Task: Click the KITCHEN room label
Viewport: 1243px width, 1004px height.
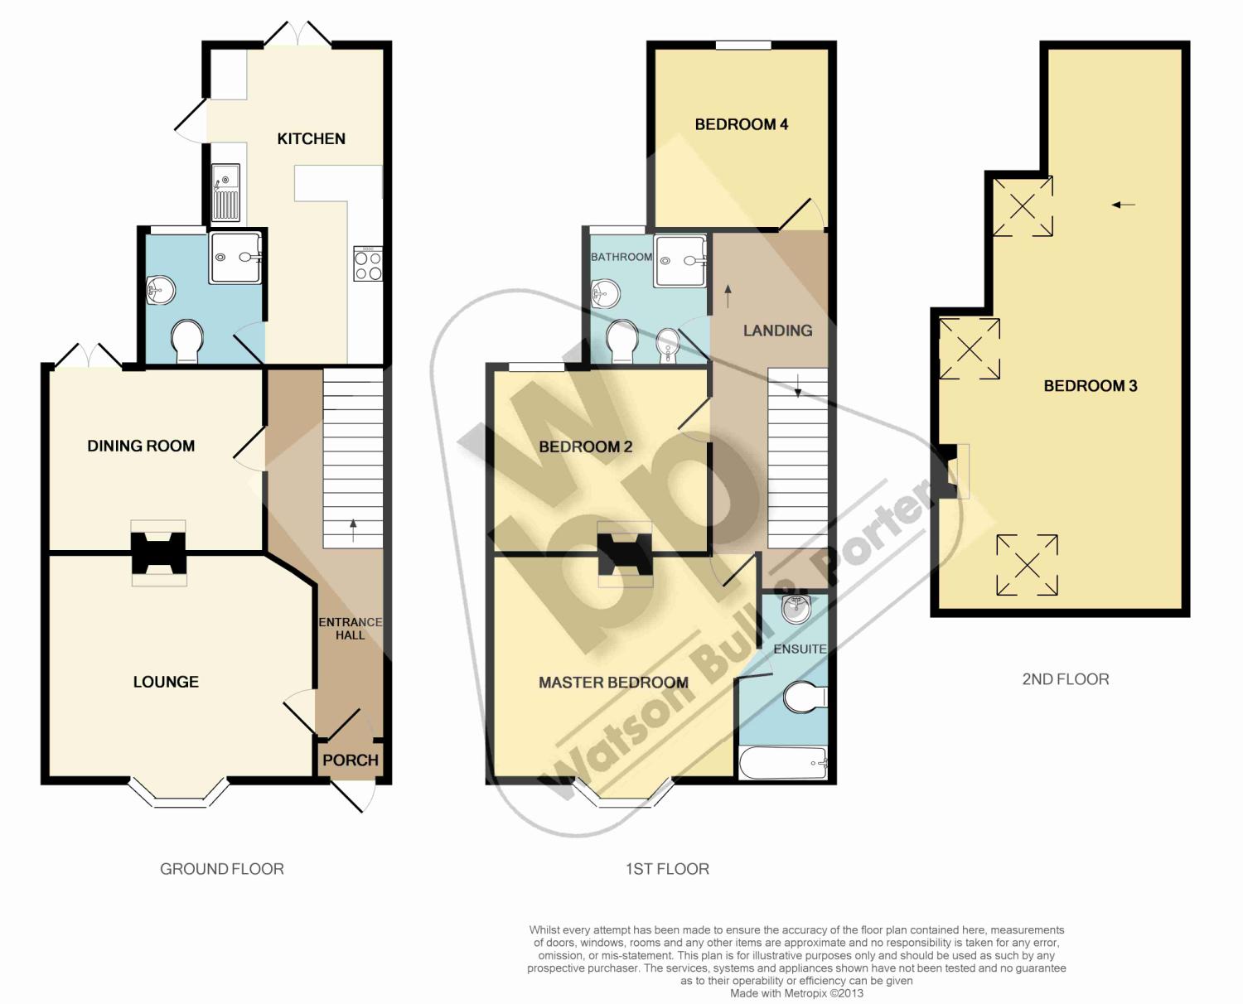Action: [311, 139]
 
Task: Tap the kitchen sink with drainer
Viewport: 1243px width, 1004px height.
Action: [225, 192]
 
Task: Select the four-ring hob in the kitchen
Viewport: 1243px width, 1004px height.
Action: [368, 263]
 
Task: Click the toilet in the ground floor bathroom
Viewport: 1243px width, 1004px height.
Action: [187, 340]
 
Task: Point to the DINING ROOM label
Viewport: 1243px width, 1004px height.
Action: [141, 446]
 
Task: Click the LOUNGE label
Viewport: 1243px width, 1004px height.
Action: [166, 682]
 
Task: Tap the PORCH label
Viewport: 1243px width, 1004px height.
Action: [351, 760]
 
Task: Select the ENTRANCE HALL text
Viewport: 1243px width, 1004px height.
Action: [351, 629]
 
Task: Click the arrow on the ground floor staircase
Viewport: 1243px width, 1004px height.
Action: [353, 530]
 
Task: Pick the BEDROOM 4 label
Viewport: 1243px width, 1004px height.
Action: [741, 124]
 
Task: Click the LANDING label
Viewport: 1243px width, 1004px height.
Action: [777, 331]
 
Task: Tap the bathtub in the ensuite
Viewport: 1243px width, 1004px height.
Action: [783, 762]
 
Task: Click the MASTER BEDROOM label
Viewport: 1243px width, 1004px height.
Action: [613, 683]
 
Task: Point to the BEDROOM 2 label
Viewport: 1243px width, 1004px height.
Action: [585, 446]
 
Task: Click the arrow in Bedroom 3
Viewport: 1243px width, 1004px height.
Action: [1124, 205]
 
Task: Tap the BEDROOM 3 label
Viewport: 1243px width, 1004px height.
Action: [1090, 386]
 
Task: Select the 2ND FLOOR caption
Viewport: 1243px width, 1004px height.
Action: [1066, 679]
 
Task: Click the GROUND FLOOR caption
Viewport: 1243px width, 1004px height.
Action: [222, 869]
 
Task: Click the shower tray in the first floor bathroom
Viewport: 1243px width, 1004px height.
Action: [680, 261]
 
